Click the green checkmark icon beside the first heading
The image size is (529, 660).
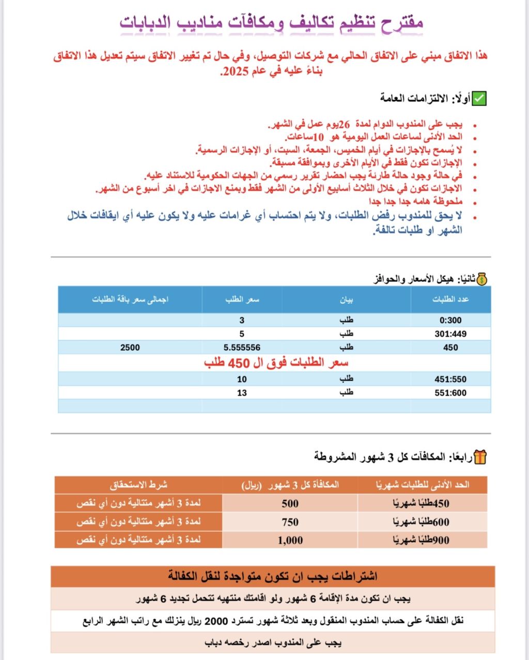tap(480, 98)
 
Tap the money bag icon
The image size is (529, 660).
tap(481, 279)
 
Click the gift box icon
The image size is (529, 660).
tap(480, 457)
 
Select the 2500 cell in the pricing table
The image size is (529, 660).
tap(130, 348)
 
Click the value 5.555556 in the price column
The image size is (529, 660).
tap(242, 348)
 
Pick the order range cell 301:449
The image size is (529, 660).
tap(450, 334)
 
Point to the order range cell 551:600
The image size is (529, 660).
tap(450, 393)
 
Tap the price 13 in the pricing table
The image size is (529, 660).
tap(242, 393)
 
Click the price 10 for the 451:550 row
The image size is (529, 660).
tap(242, 380)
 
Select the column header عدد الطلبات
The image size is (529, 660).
tap(450, 299)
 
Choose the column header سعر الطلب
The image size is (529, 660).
tap(242, 299)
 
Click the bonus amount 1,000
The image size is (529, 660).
tap(290, 541)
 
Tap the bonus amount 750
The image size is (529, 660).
tap(290, 522)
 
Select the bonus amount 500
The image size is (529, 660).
tap(290, 504)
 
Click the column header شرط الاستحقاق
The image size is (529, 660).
tap(138, 485)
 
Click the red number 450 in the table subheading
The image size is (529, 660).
tap(239, 363)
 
